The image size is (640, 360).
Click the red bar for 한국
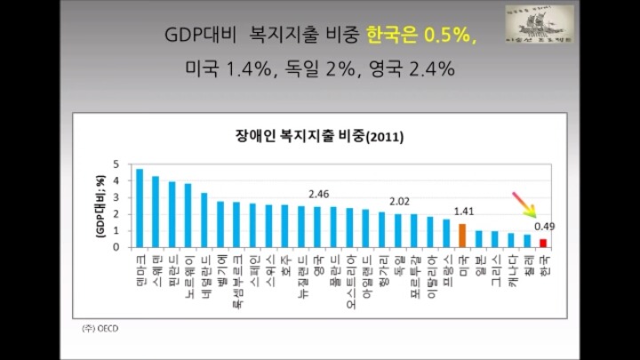tap(543, 243)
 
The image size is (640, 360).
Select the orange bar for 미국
tap(462, 236)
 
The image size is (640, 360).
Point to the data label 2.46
tap(318, 193)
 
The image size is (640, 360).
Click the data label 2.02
tap(399, 201)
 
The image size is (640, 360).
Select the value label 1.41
tap(463, 212)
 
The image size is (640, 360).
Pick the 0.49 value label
tap(545, 227)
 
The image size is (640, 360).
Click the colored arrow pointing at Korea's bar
tap(524, 204)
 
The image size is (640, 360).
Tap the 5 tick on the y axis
tap(116, 164)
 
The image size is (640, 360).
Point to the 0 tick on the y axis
tap(116, 247)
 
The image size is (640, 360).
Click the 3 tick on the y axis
tap(116, 197)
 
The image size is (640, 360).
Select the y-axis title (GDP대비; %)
tap(100, 205)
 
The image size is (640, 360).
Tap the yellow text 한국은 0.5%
tap(421, 36)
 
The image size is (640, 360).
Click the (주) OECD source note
tap(99, 328)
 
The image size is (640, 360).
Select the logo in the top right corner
tap(539, 26)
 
